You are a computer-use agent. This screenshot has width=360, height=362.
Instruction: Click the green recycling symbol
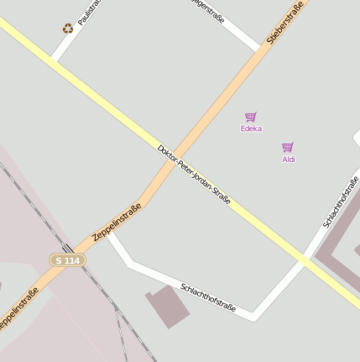click(x=68, y=29)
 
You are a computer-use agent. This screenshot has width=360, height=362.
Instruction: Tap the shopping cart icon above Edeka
click(x=250, y=117)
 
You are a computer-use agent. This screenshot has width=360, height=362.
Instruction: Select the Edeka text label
click(x=251, y=129)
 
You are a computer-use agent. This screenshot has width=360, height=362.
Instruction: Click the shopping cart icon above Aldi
click(x=288, y=147)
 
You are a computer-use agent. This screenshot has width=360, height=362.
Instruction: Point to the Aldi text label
click(x=289, y=159)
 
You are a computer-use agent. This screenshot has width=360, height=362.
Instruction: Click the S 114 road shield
click(x=67, y=260)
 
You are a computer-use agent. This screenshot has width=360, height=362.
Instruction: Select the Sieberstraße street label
click(x=285, y=23)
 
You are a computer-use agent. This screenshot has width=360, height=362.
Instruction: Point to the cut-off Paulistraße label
click(x=88, y=12)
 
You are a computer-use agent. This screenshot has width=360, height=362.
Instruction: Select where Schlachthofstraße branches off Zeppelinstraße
click(x=109, y=234)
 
